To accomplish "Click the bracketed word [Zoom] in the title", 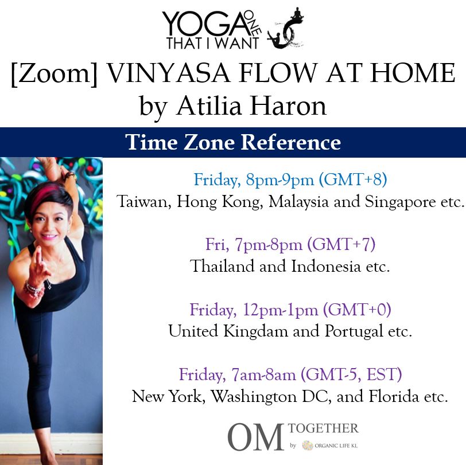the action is coord(54,73).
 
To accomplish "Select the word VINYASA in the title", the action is coord(168,73).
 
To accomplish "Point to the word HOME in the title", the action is coord(413,73).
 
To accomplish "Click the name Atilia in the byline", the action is coord(209,106).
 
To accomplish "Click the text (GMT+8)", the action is coord(353,179).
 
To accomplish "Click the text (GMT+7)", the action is coord(341,244).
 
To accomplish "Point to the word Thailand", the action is coord(222,266).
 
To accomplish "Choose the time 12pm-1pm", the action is coord(280,310).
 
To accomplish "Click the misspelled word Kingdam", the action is coord(256,331).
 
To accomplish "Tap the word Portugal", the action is coord(354,331).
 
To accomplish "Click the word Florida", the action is coord(394,396).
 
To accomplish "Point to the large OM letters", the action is coord(255,437).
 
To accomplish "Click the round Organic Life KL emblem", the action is coord(308,446).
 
